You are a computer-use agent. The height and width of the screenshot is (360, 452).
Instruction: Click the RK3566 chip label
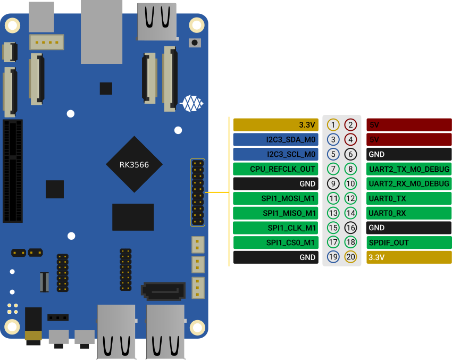[134, 165]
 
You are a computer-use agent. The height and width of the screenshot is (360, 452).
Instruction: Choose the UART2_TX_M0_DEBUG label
[409, 169]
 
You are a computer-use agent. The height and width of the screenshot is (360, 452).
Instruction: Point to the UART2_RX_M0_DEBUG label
[409, 184]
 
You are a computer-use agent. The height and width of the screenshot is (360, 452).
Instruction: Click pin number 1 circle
[333, 125]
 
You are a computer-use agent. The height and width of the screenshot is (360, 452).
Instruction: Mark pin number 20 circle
[350, 257]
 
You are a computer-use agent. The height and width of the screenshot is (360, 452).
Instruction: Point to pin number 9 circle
[333, 184]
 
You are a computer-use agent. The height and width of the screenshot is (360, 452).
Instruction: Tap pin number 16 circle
[350, 228]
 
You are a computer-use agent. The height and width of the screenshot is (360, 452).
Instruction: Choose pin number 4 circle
[350, 140]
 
